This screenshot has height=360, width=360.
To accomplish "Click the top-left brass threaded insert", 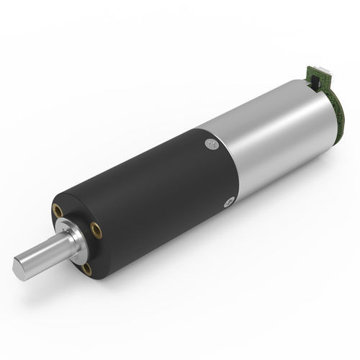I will coord(57,213).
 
